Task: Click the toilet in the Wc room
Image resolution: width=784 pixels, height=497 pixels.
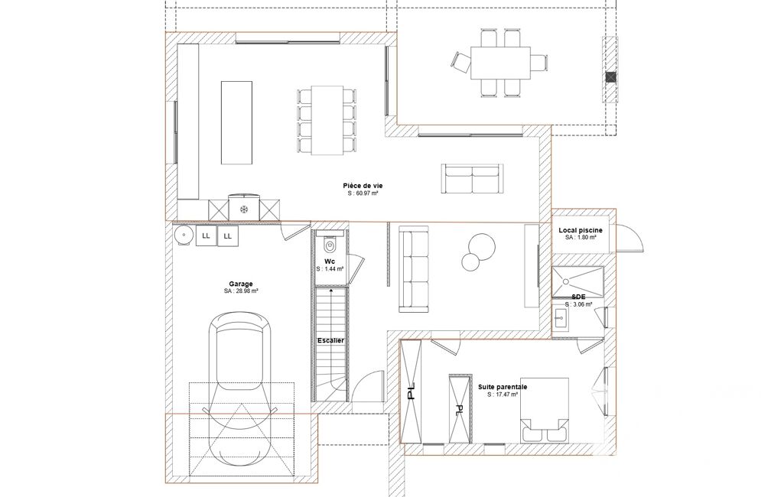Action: click(330, 245)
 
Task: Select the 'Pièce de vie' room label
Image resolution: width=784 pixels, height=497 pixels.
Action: click(363, 186)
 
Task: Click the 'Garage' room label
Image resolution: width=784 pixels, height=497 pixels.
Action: click(241, 284)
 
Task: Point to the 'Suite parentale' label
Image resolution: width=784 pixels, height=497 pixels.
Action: click(503, 387)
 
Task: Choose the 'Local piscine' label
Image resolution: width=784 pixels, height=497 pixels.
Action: click(581, 230)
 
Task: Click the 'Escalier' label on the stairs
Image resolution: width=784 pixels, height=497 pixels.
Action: click(330, 340)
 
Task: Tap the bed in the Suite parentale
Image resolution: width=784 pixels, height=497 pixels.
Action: click(544, 410)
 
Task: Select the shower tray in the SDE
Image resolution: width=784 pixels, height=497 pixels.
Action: click(577, 282)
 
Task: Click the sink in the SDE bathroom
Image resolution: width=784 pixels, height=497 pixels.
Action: click(560, 317)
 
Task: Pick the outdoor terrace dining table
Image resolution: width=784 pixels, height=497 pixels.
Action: click(500, 63)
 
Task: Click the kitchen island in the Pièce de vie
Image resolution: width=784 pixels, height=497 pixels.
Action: click(236, 122)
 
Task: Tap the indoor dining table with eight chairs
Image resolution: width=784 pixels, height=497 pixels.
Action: click(327, 120)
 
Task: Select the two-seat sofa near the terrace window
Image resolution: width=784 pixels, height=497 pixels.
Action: click(473, 178)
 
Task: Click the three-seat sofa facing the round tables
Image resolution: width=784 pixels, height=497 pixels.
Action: click(413, 269)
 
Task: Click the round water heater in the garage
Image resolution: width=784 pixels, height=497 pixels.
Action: click(184, 235)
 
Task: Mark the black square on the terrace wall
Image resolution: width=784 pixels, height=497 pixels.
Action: click(610, 77)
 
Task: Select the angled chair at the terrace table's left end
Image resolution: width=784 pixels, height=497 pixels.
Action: click(461, 62)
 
